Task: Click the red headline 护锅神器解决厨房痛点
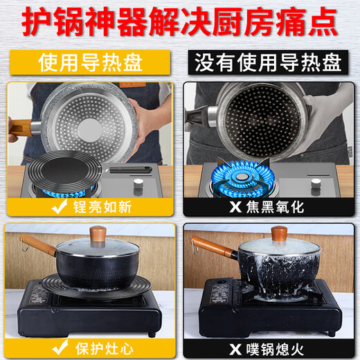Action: (x=180, y=22)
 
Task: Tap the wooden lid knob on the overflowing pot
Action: (x=278, y=233)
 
